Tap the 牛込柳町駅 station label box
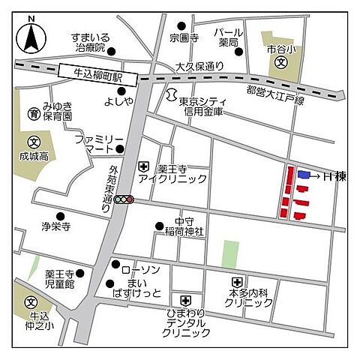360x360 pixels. [x=98, y=74]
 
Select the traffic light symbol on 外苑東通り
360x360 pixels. [x=121, y=199]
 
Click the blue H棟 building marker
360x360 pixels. [x=304, y=174]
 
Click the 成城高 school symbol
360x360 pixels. [x=33, y=142]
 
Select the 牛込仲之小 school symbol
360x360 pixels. [x=31, y=302]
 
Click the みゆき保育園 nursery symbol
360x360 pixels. [x=34, y=114]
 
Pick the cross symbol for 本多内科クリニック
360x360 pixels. [x=235, y=282]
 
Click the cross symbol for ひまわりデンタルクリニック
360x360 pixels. [x=175, y=298]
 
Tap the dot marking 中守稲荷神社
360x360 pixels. [x=159, y=225]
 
